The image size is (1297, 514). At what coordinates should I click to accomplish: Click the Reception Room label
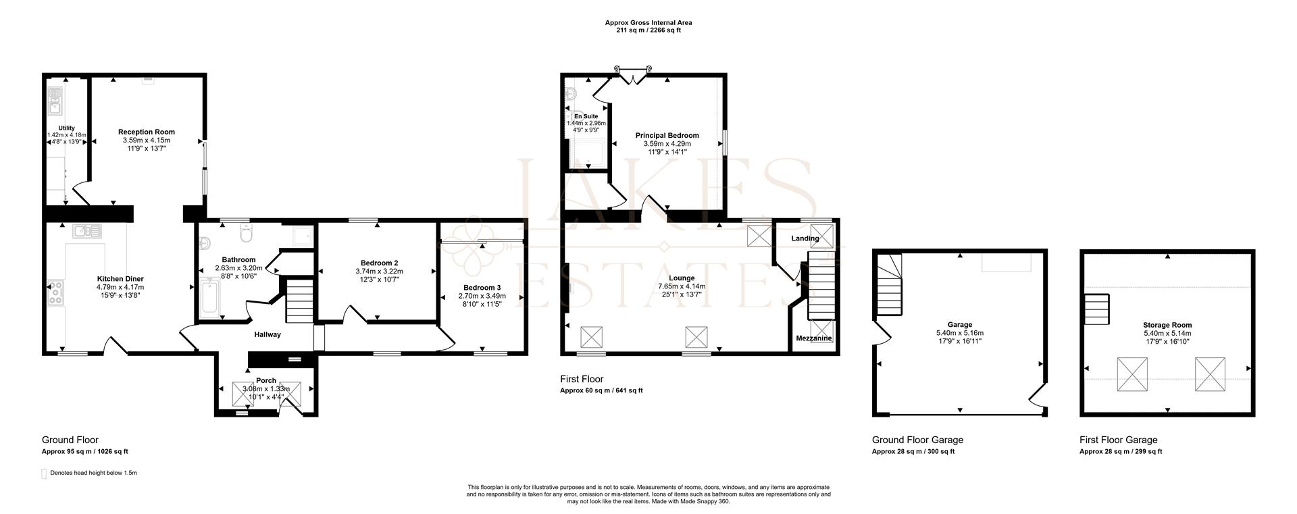click(x=147, y=132)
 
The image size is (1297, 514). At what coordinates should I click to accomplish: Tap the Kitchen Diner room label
click(x=120, y=279)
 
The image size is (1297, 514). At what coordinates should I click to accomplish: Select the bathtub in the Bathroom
click(x=209, y=300)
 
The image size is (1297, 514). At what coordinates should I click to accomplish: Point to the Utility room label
click(x=66, y=128)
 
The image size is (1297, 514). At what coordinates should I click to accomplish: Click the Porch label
click(x=266, y=381)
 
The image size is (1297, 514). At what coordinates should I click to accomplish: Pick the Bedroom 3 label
click(x=482, y=288)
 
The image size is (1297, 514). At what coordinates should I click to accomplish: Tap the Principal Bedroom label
click(x=667, y=136)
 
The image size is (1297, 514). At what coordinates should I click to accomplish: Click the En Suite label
click(x=586, y=116)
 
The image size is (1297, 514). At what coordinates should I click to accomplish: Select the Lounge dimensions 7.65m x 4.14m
click(x=682, y=286)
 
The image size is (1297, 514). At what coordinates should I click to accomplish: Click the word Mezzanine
click(x=814, y=338)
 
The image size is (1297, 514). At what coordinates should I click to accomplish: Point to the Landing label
click(x=805, y=238)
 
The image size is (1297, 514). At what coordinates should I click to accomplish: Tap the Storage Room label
click(x=1167, y=325)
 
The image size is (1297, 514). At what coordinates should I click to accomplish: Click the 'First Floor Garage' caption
click(x=1119, y=440)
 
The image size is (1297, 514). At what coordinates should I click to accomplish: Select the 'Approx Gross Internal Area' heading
click(x=648, y=23)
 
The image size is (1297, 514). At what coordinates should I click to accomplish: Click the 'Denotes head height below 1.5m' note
click(x=93, y=473)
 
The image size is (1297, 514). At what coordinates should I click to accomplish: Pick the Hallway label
click(x=268, y=334)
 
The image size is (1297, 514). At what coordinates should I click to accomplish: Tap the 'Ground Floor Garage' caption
click(x=917, y=440)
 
